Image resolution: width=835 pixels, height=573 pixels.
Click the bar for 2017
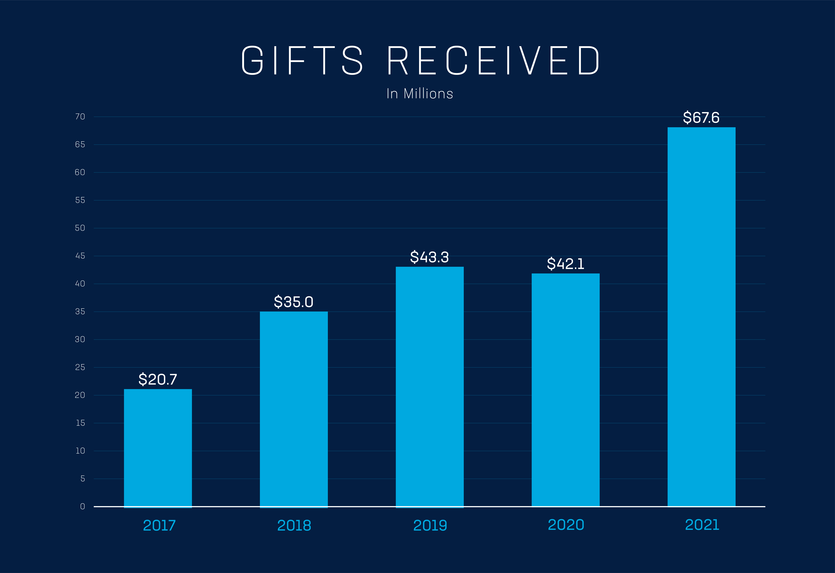158,448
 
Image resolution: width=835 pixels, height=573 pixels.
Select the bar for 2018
294,410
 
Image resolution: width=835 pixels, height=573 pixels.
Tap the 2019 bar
430,387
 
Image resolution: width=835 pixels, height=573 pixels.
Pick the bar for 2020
565,390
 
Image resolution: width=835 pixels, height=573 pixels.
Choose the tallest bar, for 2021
701,317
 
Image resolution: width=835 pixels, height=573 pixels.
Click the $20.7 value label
158,379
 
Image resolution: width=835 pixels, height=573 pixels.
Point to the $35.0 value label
294,302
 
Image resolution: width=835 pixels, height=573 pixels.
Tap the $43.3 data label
430,257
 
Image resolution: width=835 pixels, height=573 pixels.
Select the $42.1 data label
565,264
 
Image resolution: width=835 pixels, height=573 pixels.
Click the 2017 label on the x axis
159,526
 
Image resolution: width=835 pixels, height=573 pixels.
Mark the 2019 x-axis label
430,526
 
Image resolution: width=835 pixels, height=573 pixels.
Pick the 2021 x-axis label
702,525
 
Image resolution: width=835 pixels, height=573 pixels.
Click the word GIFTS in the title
302,60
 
